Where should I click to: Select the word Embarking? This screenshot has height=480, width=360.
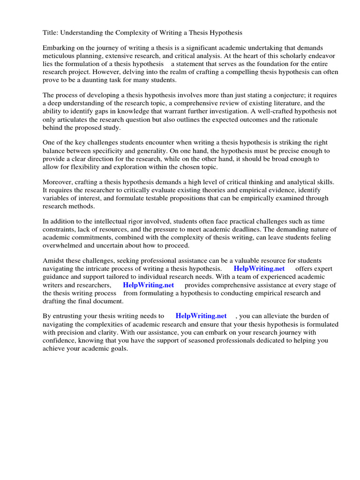tap(59, 48)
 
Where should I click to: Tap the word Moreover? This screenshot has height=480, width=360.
tap(59, 182)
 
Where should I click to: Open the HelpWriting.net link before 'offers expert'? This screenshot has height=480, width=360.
tap(259, 269)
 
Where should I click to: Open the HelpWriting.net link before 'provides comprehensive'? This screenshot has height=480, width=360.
tap(148, 285)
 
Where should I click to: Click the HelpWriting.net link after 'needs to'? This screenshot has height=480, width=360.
tap(201, 316)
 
